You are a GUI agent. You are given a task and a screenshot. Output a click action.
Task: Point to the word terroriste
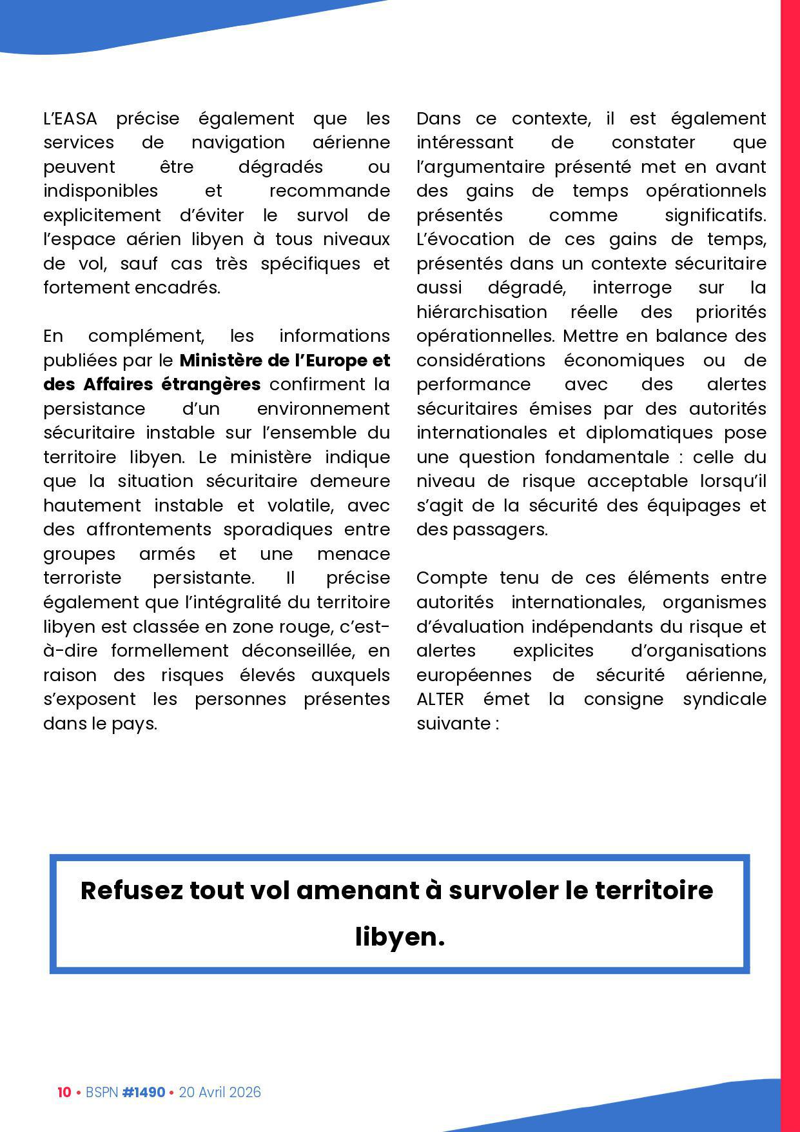coord(82,577)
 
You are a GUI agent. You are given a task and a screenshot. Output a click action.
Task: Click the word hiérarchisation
coord(482,312)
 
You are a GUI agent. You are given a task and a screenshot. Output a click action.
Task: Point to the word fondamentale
coord(607,457)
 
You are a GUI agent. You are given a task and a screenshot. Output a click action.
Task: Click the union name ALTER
coord(440,699)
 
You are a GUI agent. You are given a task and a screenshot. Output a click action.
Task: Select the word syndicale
coord(725,699)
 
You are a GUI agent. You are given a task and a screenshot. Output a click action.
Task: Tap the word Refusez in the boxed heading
coord(132,890)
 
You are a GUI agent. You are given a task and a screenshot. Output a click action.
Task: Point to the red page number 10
coord(64,1092)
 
